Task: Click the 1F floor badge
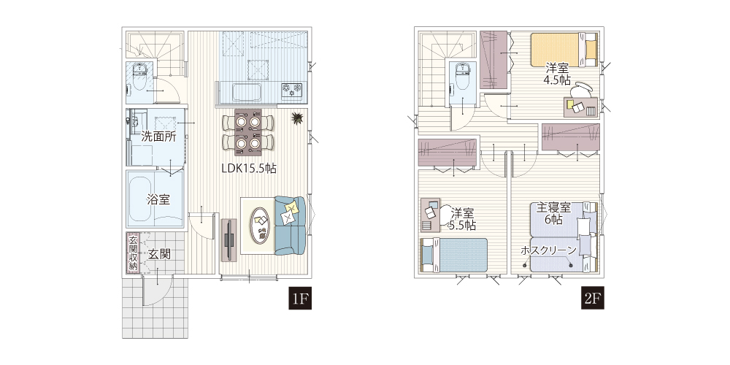coord(299,299)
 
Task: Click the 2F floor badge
coord(593,299)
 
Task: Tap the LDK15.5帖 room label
coord(249,169)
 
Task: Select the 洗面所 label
coord(158,137)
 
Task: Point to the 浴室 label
coord(158,200)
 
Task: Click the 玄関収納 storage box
coord(133,253)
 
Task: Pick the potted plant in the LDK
coord(296,119)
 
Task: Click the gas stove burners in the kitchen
coord(291,89)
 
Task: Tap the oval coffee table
coord(261,226)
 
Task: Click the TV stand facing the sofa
coord(228,239)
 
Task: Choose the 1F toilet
coord(139,81)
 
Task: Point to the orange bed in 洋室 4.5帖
coord(564,49)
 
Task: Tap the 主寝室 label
coord(555,207)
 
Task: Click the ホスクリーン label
coord(548,250)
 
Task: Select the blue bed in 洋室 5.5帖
coord(454,255)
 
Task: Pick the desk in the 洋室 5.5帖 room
coord(430,215)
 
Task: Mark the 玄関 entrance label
coord(159,254)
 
